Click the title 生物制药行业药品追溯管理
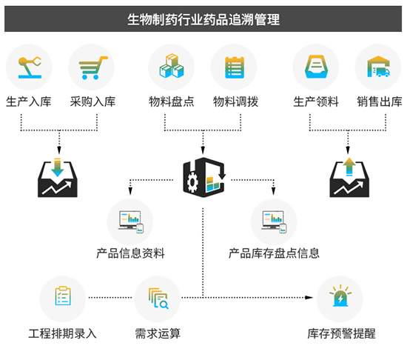pyautogui.click(x=203, y=20)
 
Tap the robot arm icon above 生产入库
pyautogui.click(x=30, y=67)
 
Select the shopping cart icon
pyautogui.click(x=93, y=67)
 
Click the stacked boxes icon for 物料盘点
pyautogui.click(x=172, y=66)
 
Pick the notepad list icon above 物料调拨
pyautogui.click(x=235, y=67)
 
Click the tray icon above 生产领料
pyautogui.click(x=316, y=67)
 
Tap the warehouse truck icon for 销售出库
pyautogui.click(x=378, y=67)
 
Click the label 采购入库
pyautogui.click(x=92, y=101)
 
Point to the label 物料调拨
pyautogui.click(x=235, y=101)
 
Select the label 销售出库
pyautogui.click(x=380, y=101)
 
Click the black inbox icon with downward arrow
pyautogui.click(x=58, y=178)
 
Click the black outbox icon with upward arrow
pyautogui.click(x=349, y=178)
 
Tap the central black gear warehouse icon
pyautogui.click(x=204, y=177)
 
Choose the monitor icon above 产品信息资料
pyautogui.click(x=131, y=221)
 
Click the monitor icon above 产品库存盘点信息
pyautogui.click(x=274, y=221)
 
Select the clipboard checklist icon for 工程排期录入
pyautogui.click(x=63, y=296)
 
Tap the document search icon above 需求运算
pyautogui.click(x=158, y=299)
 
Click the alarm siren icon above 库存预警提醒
pyautogui.click(x=340, y=296)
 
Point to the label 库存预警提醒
pyautogui.click(x=341, y=334)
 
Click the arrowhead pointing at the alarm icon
pyautogui.click(x=309, y=297)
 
